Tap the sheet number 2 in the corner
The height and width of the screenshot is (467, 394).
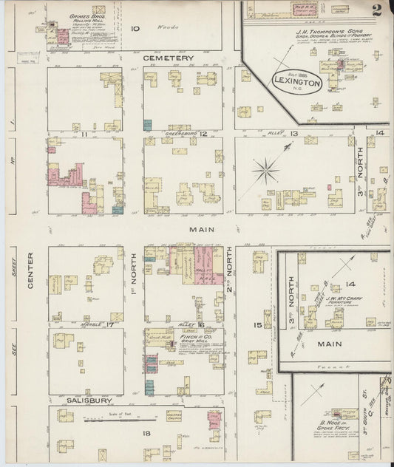point(377,10)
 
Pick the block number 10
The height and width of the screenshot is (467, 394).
point(135,29)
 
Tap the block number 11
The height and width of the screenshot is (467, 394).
point(85,134)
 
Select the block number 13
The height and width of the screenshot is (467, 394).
point(293,134)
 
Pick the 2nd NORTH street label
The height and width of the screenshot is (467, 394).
point(229,270)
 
